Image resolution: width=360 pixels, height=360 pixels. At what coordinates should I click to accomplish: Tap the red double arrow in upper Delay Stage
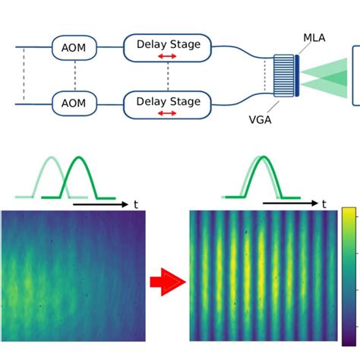tap(167, 56)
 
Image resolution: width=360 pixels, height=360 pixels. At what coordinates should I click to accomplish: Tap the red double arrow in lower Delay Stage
tap(167, 113)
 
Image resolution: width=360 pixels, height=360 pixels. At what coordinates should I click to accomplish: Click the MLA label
tap(314, 38)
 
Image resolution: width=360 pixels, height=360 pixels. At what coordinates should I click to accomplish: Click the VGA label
tap(261, 120)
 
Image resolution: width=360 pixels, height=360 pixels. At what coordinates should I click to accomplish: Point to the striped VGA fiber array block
tap(284, 76)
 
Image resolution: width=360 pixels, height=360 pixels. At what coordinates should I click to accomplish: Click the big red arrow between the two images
tap(168, 282)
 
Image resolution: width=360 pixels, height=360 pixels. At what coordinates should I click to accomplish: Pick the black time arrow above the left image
tap(101, 204)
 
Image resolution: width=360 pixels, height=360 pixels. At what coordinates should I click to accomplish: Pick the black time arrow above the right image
tap(290, 203)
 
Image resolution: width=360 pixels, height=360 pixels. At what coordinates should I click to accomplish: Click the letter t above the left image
tap(136, 204)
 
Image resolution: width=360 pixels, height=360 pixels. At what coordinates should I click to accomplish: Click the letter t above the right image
tap(324, 204)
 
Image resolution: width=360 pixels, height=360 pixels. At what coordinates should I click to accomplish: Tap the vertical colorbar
tap(349, 276)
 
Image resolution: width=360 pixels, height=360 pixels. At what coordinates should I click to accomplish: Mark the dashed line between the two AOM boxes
tap(75, 75)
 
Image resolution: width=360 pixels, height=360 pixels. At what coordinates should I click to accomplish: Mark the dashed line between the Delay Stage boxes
tap(168, 76)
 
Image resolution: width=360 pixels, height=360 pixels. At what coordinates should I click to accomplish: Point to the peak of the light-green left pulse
tap(52, 157)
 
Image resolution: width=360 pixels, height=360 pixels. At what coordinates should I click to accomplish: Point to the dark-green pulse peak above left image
tap(79, 157)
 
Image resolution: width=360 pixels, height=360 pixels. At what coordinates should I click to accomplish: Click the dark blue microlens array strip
tap(297, 76)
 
